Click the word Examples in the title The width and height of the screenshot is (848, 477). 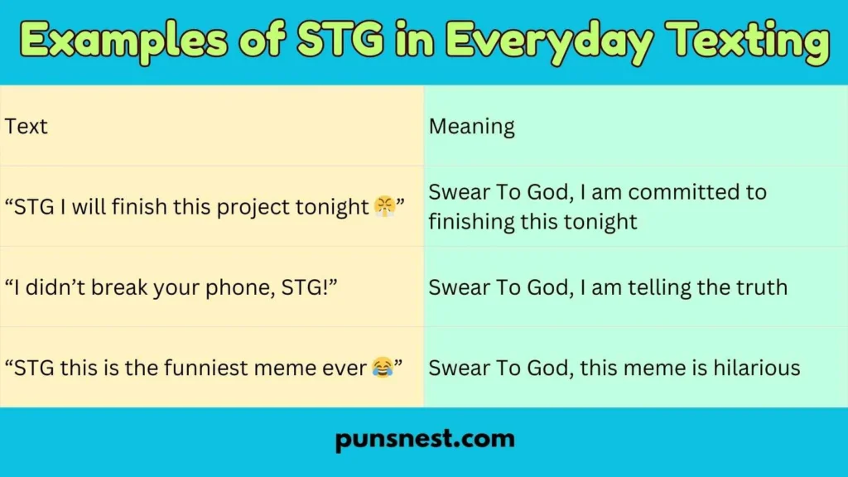click(x=119, y=42)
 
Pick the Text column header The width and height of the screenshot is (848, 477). click(x=26, y=127)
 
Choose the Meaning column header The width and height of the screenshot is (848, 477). click(x=471, y=127)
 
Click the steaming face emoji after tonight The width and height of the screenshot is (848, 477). click(x=383, y=206)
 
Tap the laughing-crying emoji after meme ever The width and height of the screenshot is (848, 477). click(x=382, y=367)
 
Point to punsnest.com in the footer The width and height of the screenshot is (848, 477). click(x=424, y=439)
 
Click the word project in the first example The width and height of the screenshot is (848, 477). click(x=249, y=207)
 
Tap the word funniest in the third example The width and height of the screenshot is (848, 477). click(x=200, y=367)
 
